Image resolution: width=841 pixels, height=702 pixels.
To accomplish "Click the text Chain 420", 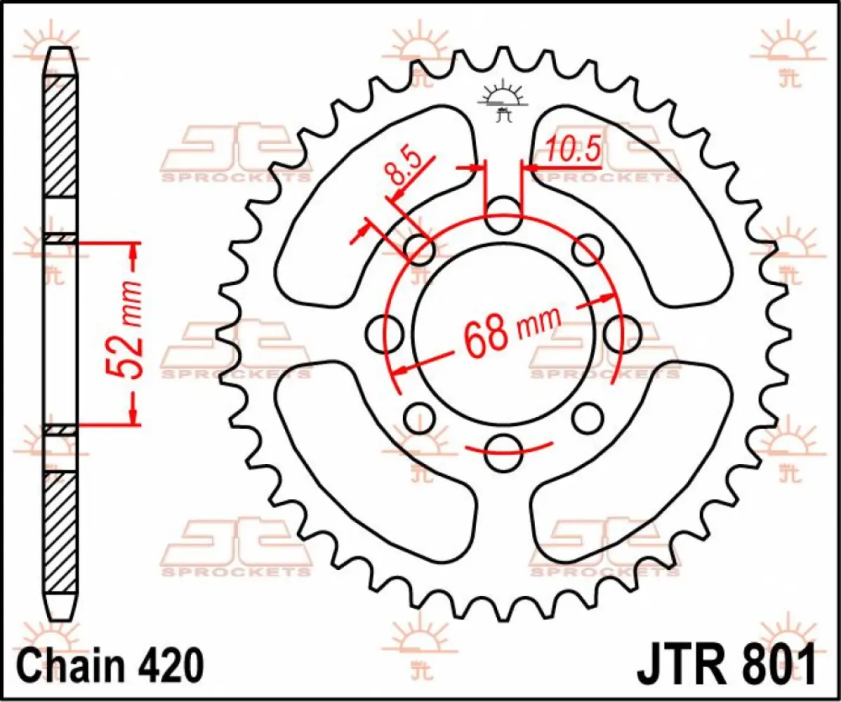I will pos(110,663).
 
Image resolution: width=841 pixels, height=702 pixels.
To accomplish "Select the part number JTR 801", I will pos(726,663).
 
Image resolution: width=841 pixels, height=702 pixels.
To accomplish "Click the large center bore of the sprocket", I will pos(503,330).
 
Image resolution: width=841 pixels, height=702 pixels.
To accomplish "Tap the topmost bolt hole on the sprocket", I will pos(503,216).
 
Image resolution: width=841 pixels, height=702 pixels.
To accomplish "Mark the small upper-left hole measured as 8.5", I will pos(420,250).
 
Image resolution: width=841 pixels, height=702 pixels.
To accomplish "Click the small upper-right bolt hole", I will pos(588,249).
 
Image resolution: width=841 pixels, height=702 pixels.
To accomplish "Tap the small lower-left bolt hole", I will pos(419,418).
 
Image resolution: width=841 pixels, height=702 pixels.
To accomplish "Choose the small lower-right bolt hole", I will pos(588,418).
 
